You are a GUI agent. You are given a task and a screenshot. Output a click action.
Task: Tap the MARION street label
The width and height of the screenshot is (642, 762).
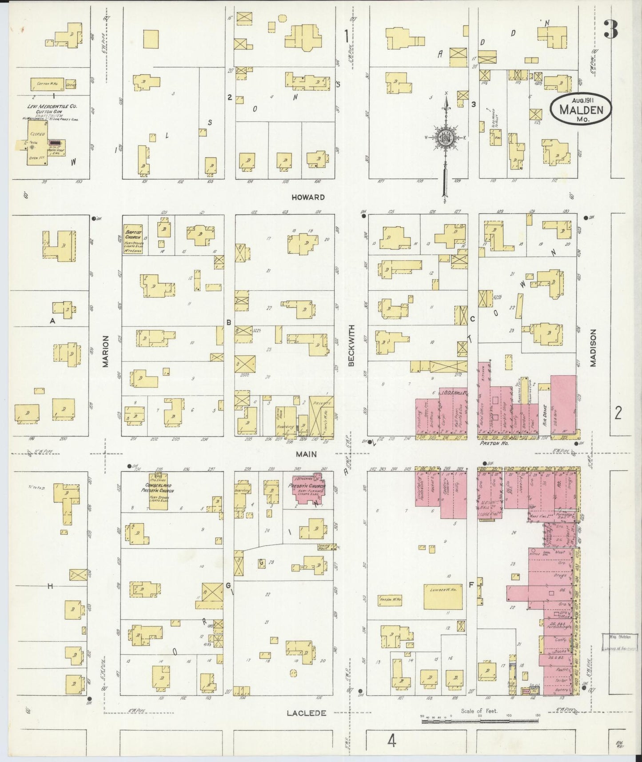(x=106, y=351)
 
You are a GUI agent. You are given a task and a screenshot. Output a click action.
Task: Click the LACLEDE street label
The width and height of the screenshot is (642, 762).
(x=306, y=713)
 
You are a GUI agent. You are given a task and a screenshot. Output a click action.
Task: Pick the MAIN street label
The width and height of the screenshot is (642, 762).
(x=307, y=454)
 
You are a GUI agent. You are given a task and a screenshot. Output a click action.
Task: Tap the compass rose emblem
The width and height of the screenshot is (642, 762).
(x=445, y=138)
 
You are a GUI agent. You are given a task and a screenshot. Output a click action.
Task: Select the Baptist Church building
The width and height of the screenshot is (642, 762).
(x=132, y=239)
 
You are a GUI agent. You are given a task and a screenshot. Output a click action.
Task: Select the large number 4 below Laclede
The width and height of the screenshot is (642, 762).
(x=391, y=741)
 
